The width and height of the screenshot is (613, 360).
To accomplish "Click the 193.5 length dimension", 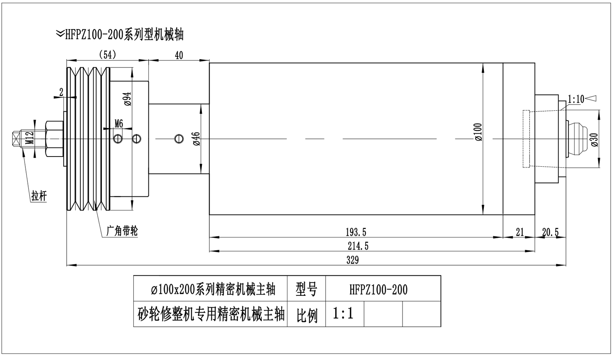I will pyautogui.click(x=356, y=233).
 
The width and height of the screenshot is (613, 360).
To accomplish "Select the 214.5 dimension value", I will pyautogui.click(x=358, y=246).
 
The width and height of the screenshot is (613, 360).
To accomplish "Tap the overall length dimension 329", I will pyautogui.click(x=352, y=260).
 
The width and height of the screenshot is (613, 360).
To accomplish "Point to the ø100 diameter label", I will pyautogui.click(x=479, y=132).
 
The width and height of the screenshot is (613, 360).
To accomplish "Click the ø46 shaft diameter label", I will pyautogui.click(x=196, y=139).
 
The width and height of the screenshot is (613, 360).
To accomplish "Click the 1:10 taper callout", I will pyautogui.click(x=576, y=99).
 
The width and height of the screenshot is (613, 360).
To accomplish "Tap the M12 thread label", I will pyautogui.click(x=29, y=138).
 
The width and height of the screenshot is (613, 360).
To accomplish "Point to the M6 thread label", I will pyautogui.click(x=119, y=123).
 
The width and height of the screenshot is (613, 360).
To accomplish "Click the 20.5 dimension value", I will pyautogui.click(x=550, y=233).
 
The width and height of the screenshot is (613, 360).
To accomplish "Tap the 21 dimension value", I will pyautogui.click(x=519, y=233).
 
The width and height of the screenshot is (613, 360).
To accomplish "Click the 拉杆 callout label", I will pyautogui.click(x=39, y=196).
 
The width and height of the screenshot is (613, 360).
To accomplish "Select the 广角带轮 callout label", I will pyautogui.click(x=122, y=231).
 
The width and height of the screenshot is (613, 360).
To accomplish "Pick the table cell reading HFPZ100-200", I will pyautogui.click(x=378, y=290).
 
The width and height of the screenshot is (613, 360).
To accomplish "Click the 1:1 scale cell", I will pyautogui.click(x=343, y=314).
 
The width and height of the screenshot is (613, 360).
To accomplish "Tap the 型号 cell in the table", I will pyautogui.click(x=306, y=290).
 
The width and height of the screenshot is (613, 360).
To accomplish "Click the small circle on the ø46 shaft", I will pyautogui.click(x=178, y=139).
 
